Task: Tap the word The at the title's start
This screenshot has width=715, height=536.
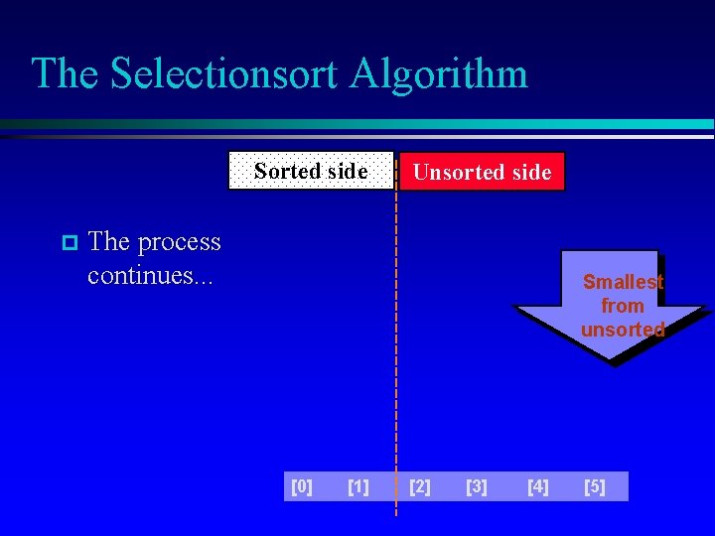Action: (x=66, y=74)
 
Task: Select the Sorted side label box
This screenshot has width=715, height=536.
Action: (x=311, y=171)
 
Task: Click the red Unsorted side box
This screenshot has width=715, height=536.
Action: (x=482, y=172)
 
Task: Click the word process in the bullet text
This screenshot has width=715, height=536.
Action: (x=179, y=242)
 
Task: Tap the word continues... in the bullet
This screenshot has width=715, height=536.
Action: (x=149, y=275)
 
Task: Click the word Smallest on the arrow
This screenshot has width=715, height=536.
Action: (x=623, y=282)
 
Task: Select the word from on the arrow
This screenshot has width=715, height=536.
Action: (x=623, y=306)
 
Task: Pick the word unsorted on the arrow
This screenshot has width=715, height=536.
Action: (x=623, y=330)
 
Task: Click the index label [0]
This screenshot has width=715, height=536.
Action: (x=302, y=486)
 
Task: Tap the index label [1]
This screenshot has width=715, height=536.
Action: (x=358, y=486)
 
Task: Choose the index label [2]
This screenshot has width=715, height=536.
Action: (x=420, y=486)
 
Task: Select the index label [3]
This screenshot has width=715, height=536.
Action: (x=477, y=486)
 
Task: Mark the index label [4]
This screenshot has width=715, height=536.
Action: (x=537, y=486)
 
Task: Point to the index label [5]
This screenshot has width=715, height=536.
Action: (x=595, y=486)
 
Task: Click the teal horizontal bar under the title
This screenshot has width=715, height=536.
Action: (x=397, y=125)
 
